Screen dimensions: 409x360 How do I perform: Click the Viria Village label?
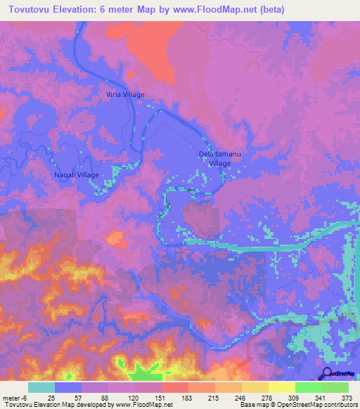(125, 94)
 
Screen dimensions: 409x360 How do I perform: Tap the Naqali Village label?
(77, 174)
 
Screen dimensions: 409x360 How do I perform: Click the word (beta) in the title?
(271, 9)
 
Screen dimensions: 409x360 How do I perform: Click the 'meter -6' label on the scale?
(13, 397)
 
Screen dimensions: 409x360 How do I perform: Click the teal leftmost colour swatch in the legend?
(41, 387)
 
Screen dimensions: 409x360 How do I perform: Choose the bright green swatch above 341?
(308, 387)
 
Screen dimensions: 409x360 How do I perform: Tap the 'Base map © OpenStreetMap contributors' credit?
(297, 405)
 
